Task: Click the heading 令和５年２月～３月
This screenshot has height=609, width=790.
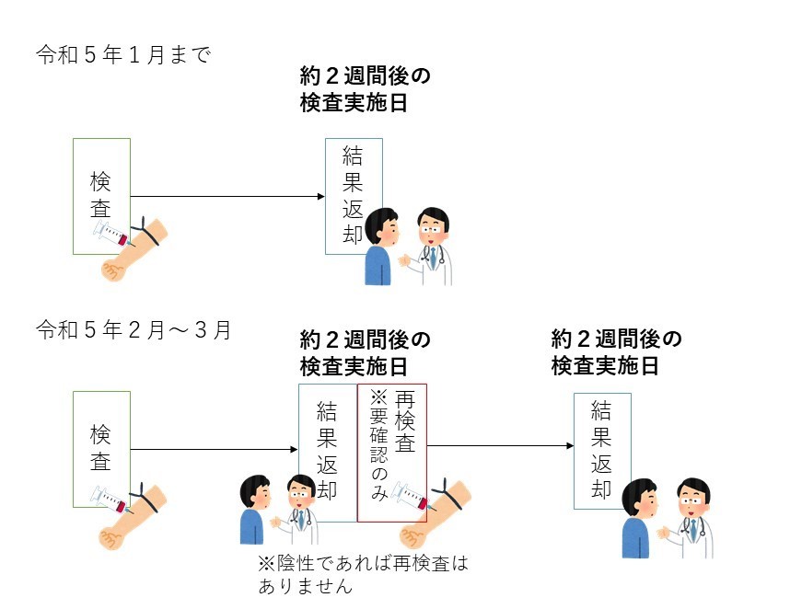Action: pos(134,329)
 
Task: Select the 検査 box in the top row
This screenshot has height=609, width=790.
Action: pos(101,196)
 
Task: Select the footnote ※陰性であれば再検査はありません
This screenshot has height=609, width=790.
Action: pos(363,574)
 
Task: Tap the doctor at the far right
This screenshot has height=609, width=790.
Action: pos(692,520)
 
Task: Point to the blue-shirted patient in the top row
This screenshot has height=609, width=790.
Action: pos(378,248)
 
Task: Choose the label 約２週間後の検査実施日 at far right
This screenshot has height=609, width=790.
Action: pos(616,352)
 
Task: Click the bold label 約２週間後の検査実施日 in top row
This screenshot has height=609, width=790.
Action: pos(366,88)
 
